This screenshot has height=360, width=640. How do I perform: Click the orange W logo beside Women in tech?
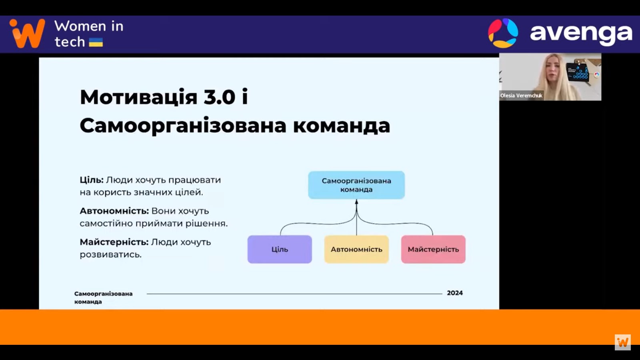pyautogui.click(x=27, y=34)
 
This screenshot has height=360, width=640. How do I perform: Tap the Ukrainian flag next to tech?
pyautogui.click(x=96, y=42)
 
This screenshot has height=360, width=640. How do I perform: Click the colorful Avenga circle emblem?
pyautogui.click(x=503, y=33)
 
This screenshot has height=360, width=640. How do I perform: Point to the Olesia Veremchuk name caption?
pyautogui.click(x=521, y=96)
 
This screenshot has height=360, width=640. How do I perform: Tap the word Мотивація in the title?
pyautogui.click(x=139, y=97)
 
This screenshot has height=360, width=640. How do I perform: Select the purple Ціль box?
pyautogui.click(x=280, y=249)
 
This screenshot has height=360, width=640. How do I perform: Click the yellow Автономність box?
pyautogui.click(x=356, y=249)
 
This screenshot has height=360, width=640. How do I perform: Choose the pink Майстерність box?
pyautogui.click(x=434, y=249)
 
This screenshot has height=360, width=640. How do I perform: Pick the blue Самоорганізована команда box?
pyautogui.click(x=356, y=185)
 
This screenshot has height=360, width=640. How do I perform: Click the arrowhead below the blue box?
pyautogui.click(x=356, y=202)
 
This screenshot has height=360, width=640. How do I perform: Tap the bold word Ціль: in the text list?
pyautogui.click(x=92, y=180)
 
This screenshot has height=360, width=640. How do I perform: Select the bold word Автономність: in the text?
pyautogui.click(x=114, y=211)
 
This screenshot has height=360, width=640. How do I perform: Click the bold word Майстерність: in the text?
pyautogui.click(x=114, y=242)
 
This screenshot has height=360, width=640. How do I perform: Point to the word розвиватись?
pyautogui.click(x=110, y=254)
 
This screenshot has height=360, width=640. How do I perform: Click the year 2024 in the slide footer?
pyautogui.click(x=455, y=293)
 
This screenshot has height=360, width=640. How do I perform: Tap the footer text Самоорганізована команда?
pyautogui.click(x=104, y=298)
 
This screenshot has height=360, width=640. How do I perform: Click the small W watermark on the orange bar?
pyautogui.click(x=623, y=342)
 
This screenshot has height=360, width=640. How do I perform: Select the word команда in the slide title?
pyautogui.click(x=342, y=126)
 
